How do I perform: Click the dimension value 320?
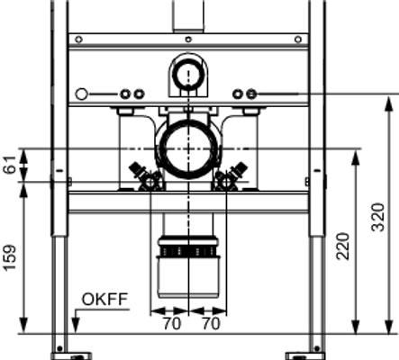[378, 218]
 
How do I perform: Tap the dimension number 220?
[343, 247]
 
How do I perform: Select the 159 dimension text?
[10, 258]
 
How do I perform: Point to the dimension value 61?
[10, 165]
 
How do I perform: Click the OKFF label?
[105, 300]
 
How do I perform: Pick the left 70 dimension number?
[172, 324]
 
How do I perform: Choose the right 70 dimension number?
[211, 324]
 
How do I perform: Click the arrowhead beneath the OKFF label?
[76, 327]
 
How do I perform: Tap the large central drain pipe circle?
[188, 148]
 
